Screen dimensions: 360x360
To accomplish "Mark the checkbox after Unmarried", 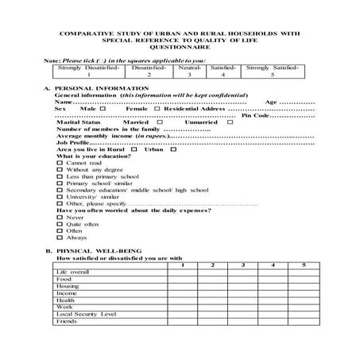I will click(230, 122).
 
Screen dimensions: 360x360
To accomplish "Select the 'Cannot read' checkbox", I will click(60, 163).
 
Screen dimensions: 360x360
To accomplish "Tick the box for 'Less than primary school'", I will click(60, 176).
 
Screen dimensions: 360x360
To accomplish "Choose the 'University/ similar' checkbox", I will click(60, 197).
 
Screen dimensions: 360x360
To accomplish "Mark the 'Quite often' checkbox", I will click(60, 224).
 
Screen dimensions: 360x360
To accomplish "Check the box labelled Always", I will click(60, 238).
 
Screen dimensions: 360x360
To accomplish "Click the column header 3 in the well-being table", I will click(241, 265).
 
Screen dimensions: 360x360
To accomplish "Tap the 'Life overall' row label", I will click(73, 272).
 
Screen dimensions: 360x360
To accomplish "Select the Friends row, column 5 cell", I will click(303, 322).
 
